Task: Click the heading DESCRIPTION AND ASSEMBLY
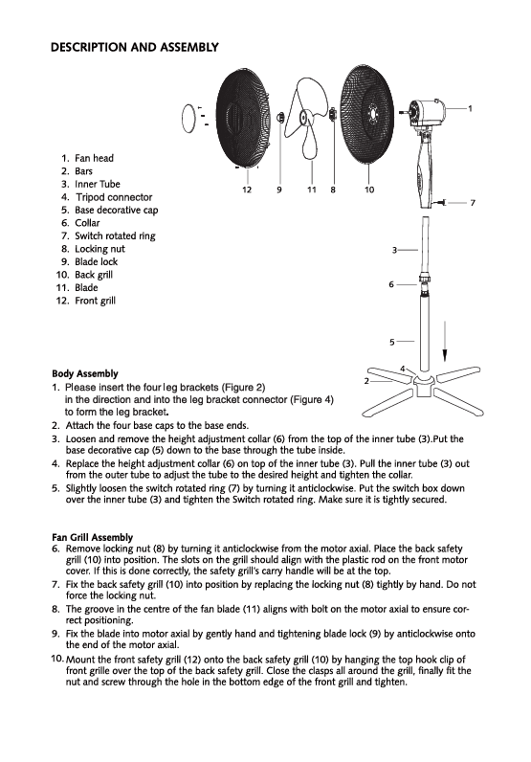135,47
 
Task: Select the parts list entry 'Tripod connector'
114,197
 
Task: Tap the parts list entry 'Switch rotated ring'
115,236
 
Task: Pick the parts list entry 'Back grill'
94,275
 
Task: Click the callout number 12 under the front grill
247,190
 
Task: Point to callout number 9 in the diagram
279,190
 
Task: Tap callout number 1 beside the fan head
471,108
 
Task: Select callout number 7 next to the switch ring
473,203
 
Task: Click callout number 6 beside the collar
391,284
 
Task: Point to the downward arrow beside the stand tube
445,341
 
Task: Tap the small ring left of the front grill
188,118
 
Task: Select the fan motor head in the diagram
424,111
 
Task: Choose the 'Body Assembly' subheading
85,373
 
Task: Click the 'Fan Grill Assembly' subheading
92,537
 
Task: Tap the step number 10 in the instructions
56,659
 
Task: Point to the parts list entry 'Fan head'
95,158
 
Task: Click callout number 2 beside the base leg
366,380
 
